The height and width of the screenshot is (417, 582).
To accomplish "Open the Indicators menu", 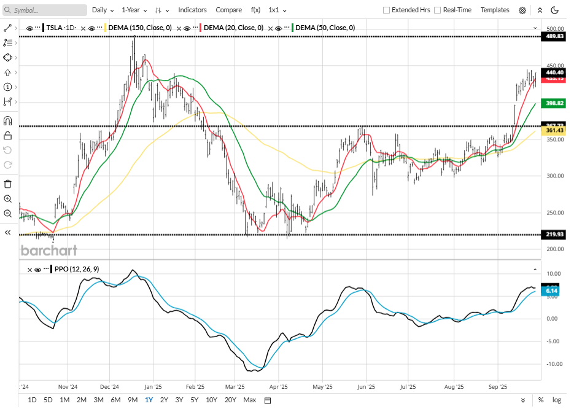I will [x=192, y=10].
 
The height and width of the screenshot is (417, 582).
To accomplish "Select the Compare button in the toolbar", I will [x=228, y=10].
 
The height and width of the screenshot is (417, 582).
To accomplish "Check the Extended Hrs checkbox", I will [x=386, y=10].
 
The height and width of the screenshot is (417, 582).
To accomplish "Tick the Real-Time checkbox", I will [x=437, y=10].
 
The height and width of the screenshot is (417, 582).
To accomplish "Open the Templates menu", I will [x=495, y=10].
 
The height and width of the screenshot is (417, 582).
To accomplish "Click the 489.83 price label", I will [x=554, y=37].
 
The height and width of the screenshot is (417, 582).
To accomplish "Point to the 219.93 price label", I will [x=554, y=235].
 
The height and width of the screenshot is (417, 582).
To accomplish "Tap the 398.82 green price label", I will [x=554, y=103].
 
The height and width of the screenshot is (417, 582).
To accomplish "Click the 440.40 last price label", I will [x=554, y=72].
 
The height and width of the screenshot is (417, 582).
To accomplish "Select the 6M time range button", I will [x=115, y=400].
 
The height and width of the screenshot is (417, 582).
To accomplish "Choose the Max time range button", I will [x=250, y=400].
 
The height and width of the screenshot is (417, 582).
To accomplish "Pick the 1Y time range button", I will [x=149, y=400].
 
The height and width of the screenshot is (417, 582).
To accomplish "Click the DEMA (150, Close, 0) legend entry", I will [x=141, y=28].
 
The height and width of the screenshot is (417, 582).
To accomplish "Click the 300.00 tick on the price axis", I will [x=555, y=176].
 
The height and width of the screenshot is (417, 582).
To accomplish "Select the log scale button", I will [x=557, y=400].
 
